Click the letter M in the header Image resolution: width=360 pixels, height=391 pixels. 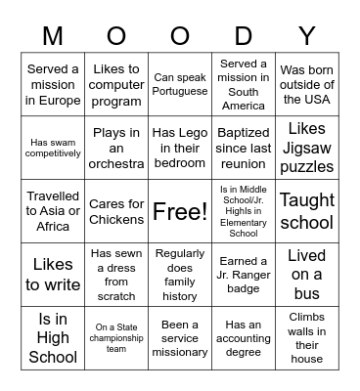pos(54,36)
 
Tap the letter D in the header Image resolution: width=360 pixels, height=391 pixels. pos(244,36)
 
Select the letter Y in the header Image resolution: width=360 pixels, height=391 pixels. pos(306,36)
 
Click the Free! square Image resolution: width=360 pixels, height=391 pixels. pos(180,210)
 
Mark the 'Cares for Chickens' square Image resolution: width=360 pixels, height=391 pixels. pos(116,210)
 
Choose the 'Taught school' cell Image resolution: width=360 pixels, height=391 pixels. pos(307,210)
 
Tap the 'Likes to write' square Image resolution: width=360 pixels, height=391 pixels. pos(54,274)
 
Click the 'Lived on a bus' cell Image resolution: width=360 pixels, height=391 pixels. pos(307,274)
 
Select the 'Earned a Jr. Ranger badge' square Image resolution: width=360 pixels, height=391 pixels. pos(244,274)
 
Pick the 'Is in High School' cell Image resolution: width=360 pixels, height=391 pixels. pos(54,337)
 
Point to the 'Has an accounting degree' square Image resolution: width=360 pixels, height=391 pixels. pos(244,337)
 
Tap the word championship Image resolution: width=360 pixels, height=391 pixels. pos(116,337)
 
